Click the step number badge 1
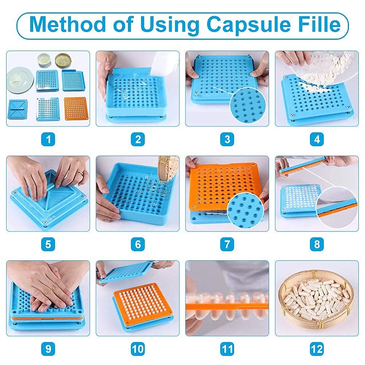click(48, 139)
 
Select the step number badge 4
click(317, 139)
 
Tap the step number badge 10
click(137, 349)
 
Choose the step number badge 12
click(317, 349)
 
